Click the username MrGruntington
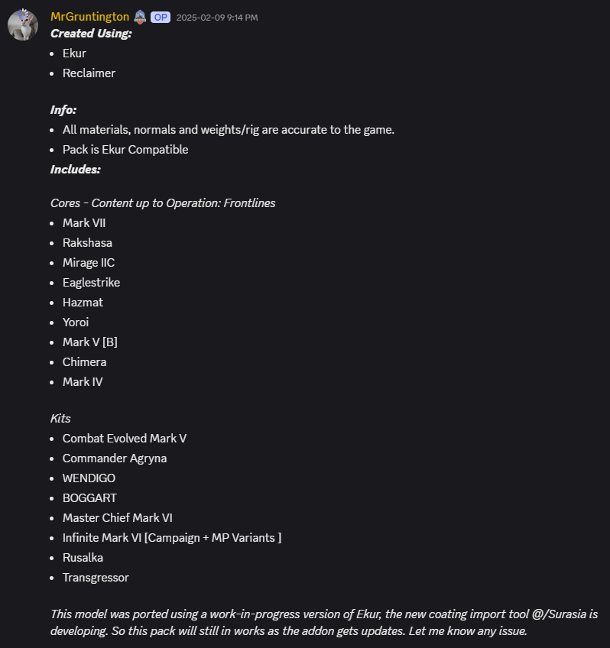[89, 17]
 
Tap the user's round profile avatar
[23, 25]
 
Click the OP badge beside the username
[161, 17]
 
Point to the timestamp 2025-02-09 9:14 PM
[217, 18]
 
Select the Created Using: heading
[91, 34]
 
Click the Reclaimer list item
[89, 73]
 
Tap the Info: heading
[63, 110]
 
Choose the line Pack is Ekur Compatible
[125, 150]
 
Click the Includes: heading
[75, 170]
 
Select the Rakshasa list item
[87, 243]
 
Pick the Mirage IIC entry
[89, 263]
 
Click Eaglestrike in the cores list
[91, 283]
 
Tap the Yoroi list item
[76, 322]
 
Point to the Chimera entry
[84, 362]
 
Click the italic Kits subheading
[60, 419]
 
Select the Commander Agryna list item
[115, 458]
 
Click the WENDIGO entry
[89, 478]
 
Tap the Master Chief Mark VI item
[118, 518]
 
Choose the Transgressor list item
[96, 578]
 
